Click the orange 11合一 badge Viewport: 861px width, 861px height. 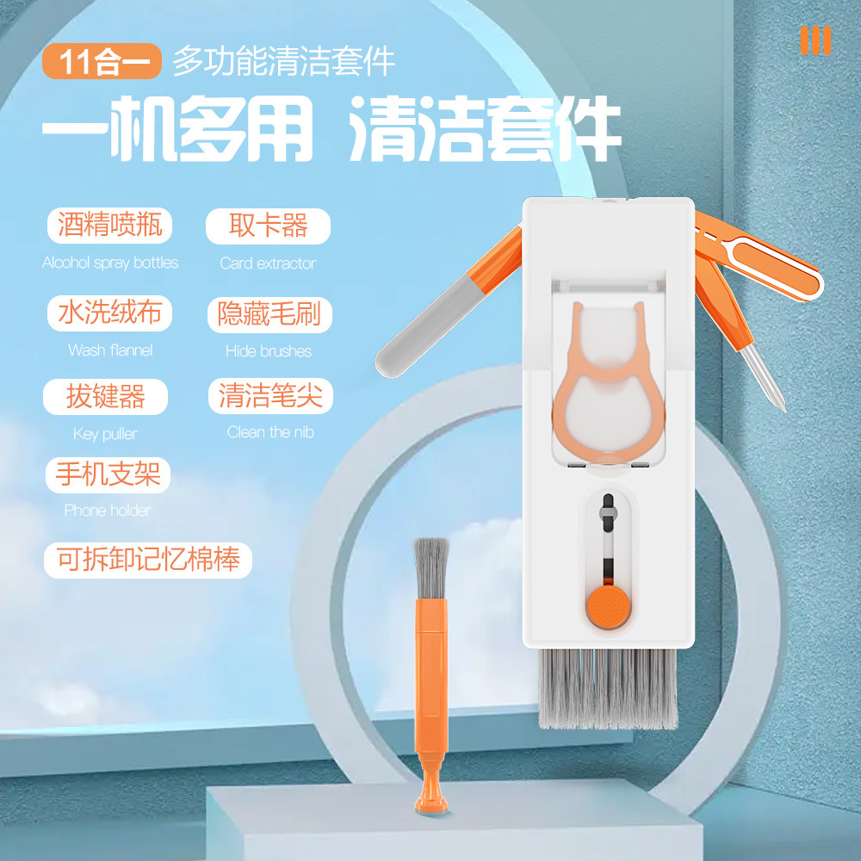102,61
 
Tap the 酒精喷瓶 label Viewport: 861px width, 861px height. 110,225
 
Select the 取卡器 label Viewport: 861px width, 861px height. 268,226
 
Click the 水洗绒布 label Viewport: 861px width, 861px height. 110,313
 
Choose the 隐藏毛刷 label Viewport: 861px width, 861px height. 269,314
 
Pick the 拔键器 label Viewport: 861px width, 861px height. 105,396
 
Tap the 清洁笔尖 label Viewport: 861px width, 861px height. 270,396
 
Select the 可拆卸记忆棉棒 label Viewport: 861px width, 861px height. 148,561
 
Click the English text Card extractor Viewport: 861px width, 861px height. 268,263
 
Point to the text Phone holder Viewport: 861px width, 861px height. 108,511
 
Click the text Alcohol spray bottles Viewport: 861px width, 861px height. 110,263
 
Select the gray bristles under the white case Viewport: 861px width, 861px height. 608,689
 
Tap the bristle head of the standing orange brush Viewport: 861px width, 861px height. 431,569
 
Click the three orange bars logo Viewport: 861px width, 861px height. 815,40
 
